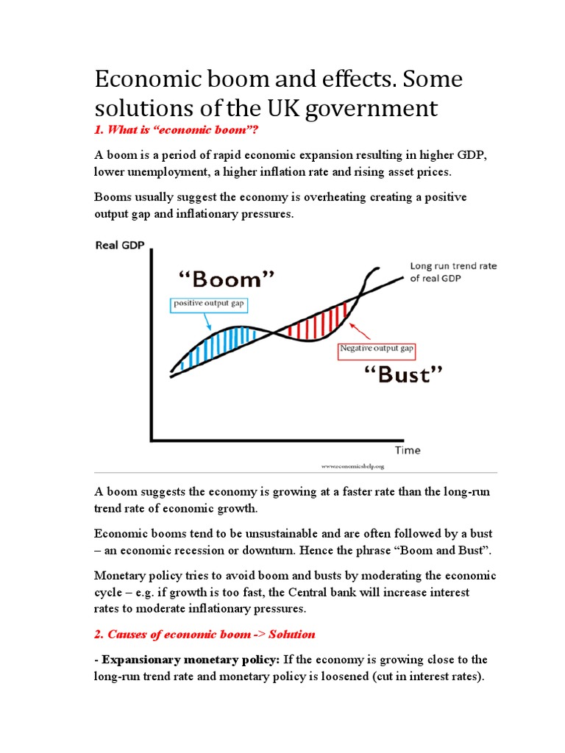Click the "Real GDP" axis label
pyautogui.click(x=119, y=246)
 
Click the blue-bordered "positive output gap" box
pyautogui.click(x=207, y=304)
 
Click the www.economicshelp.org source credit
pyautogui.click(x=352, y=466)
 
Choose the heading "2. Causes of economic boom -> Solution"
pyautogui.click(x=205, y=634)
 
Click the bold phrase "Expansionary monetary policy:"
pyautogui.click(x=190, y=660)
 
